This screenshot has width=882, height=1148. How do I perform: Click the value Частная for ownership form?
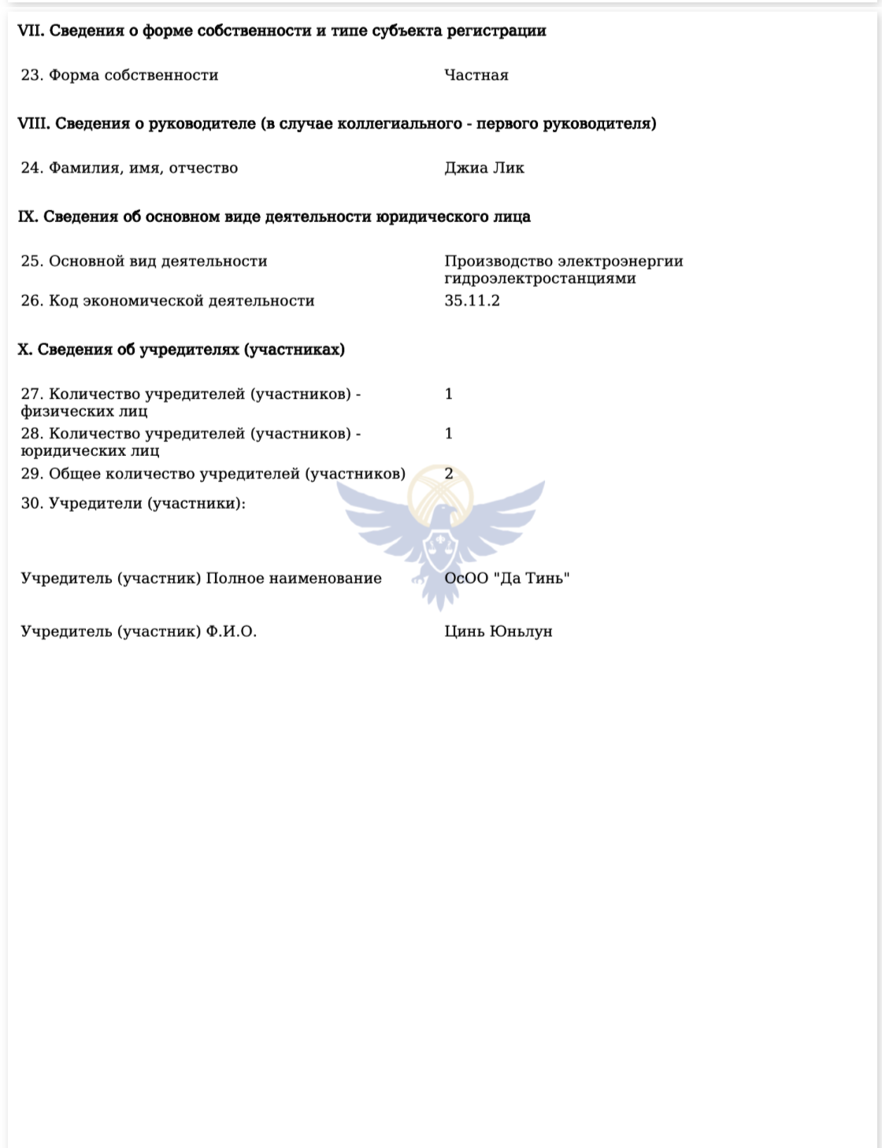(x=476, y=76)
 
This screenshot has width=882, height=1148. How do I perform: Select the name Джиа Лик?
(x=484, y=168)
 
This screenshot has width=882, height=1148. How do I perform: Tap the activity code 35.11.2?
(x=472, y=301)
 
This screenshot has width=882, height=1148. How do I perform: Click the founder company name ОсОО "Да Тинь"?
(x=507, y=579)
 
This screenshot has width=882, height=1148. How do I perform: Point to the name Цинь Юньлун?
(x=498, y=631)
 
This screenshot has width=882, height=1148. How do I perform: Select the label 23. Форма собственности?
(x=120, y=76)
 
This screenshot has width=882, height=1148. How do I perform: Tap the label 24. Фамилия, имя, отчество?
(x=129, y=168)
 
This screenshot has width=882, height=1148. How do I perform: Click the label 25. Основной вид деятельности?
(x=144, y=261)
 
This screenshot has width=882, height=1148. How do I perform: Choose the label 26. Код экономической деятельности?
(x=168, y=301)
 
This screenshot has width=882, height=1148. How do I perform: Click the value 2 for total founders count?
(x=449, y=474)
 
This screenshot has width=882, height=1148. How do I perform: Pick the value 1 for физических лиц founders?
(x=449, y=394)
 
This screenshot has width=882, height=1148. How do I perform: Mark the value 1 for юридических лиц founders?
(x=449, y=434)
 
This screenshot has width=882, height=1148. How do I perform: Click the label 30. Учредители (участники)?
(x=133, y=503)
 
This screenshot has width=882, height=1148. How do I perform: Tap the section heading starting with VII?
(x=282, y=31)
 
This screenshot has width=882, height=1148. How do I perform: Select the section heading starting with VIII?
(x=337, y=124)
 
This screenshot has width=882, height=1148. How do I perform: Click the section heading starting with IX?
(x=274, y=217)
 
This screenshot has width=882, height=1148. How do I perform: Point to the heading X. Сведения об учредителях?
(x=181, y=350)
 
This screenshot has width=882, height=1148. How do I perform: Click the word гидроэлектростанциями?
(x=539, y=279)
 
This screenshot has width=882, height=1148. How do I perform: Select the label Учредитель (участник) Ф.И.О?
(x=139, y=631)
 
